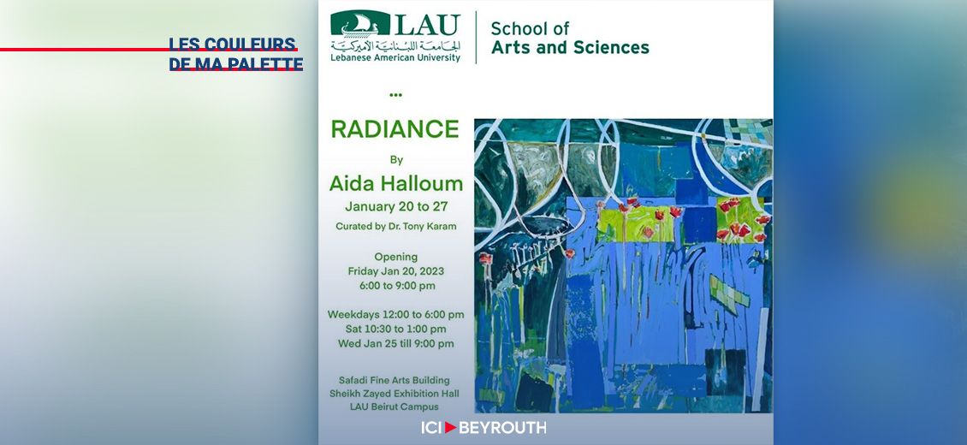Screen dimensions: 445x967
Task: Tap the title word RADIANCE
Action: (395, 129)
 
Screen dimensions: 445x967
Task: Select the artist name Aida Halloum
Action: (396, 183)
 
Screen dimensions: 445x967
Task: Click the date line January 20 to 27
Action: (396, 206)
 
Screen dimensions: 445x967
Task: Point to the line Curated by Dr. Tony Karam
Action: (395, 227)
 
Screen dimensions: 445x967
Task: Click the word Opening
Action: (396, 257)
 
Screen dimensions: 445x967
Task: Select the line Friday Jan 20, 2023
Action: (396, 271)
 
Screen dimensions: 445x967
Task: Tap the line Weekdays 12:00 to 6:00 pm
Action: (396, 314)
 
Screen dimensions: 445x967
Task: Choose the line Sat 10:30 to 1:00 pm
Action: (396, 329)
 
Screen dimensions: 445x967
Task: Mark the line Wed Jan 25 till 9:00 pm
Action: (396, 344)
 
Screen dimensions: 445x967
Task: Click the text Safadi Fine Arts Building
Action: (395, 380)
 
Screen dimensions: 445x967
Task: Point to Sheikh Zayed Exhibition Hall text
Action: (395, 394)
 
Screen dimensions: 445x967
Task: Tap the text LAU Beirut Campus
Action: (395, 406)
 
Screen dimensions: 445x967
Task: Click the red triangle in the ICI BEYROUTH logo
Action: (450, 427)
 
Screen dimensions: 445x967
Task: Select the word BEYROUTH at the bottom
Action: (502, 427)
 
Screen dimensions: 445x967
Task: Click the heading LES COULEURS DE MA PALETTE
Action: (235, 54)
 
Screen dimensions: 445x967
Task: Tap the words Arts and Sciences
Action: (570, 48)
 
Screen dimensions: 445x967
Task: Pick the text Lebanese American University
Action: (395, 58)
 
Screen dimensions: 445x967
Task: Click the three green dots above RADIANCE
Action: (395, 95)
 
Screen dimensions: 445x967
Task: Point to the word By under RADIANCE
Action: (396, 159)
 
